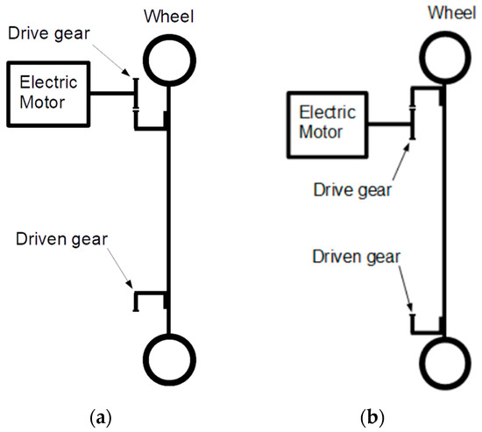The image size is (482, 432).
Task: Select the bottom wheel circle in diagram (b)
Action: tap(443, 363)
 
